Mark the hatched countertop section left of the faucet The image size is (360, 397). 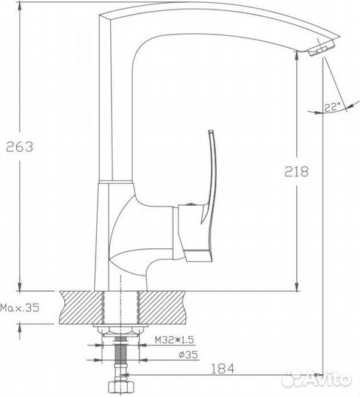(x=81, y=305)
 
